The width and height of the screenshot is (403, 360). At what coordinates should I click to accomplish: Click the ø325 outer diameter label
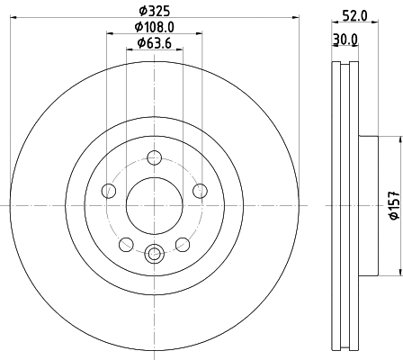pos(154,12)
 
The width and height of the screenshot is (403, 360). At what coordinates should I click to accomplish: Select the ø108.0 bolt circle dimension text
pos(154,27)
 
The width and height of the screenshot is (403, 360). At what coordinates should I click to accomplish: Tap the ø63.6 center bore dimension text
pos(154,45)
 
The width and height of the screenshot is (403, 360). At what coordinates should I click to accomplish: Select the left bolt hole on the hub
pos(110,190)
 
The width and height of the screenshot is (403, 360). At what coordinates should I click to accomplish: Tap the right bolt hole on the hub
pos(198,190)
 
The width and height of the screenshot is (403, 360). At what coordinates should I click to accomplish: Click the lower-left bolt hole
pos(127,244)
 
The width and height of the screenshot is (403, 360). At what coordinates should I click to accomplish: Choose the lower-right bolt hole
pos(182,244)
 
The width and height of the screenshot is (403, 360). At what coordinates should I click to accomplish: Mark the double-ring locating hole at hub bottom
pos(154,254)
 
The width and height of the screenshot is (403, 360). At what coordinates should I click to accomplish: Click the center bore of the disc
pos(154,203)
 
